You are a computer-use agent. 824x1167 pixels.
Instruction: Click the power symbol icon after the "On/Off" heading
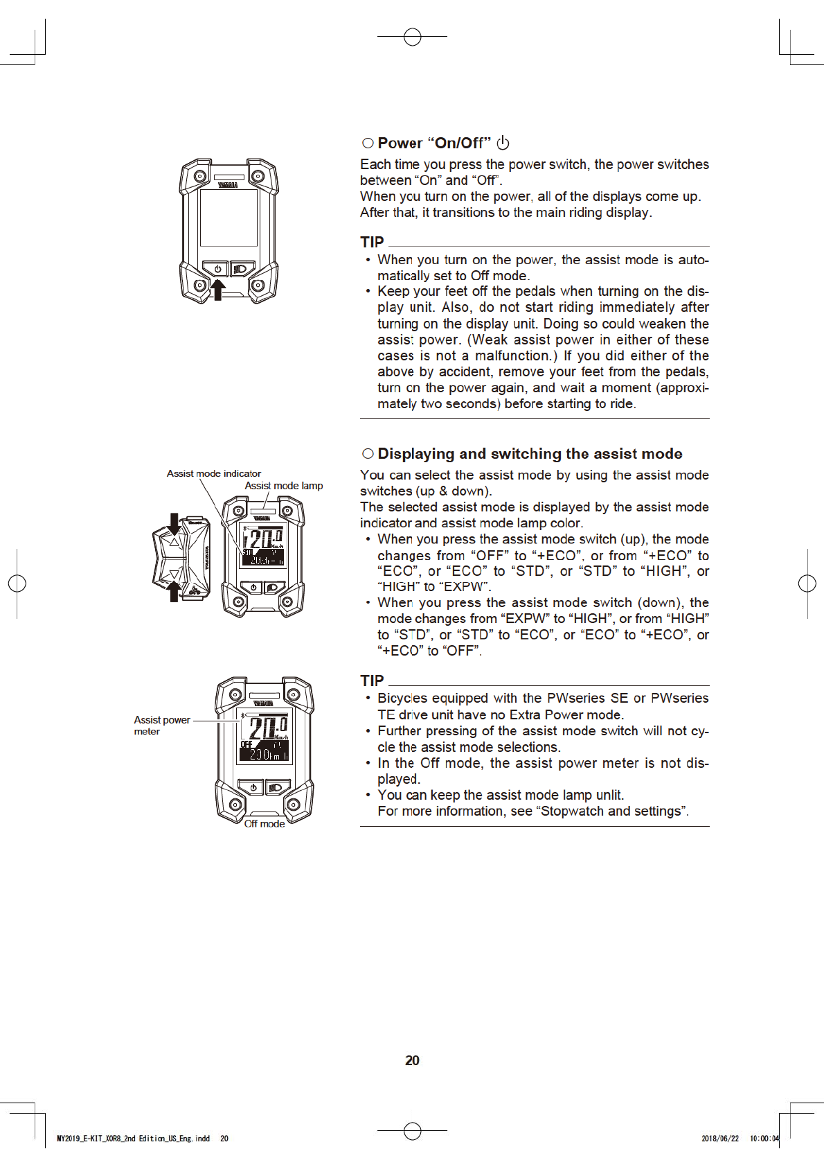click(x=503, y=143)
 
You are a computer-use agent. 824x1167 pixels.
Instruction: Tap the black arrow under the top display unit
click(x=217, y=289)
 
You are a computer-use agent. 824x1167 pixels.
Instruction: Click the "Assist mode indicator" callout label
click(x=213, y=473)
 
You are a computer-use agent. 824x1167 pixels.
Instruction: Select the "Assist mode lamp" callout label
click(x=283, y=486)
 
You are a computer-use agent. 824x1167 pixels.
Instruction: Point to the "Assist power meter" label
click(x=161, y=725)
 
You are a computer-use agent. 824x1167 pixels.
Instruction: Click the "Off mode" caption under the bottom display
click(x=265, y=823)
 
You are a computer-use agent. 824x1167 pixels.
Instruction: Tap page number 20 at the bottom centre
click(x=412, y=1060)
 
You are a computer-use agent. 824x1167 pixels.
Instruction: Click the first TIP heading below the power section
click(x=372, y=242)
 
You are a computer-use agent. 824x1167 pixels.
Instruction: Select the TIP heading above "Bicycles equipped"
click(x=372, y=681)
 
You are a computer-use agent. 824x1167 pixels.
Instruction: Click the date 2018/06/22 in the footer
click(x=719, y=1139)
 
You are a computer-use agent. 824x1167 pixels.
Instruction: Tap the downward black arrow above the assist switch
click(x=174, y=525)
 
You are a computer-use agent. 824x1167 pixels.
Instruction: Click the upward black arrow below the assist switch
click(x=174, y=591)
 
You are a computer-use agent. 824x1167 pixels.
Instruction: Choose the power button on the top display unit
click(x=217, y=269)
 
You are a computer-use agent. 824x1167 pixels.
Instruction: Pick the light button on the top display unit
click(x=241, y=269)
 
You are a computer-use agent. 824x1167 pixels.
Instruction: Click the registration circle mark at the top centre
click(x=412, y=37)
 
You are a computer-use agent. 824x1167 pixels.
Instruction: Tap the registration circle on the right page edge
click(x=807, y=583)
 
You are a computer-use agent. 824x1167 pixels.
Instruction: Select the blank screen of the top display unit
click(x=229, y=217)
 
